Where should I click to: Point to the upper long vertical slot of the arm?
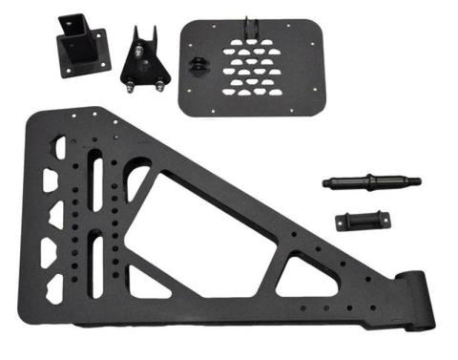coord(96,176)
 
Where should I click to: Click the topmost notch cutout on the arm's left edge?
coord(60,148)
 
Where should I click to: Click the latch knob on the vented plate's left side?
coord(198,65)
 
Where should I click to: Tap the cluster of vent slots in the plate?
coord(254,71)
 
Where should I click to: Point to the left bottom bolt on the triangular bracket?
coord(126,83)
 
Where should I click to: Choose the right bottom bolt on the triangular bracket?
coord(161,83)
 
